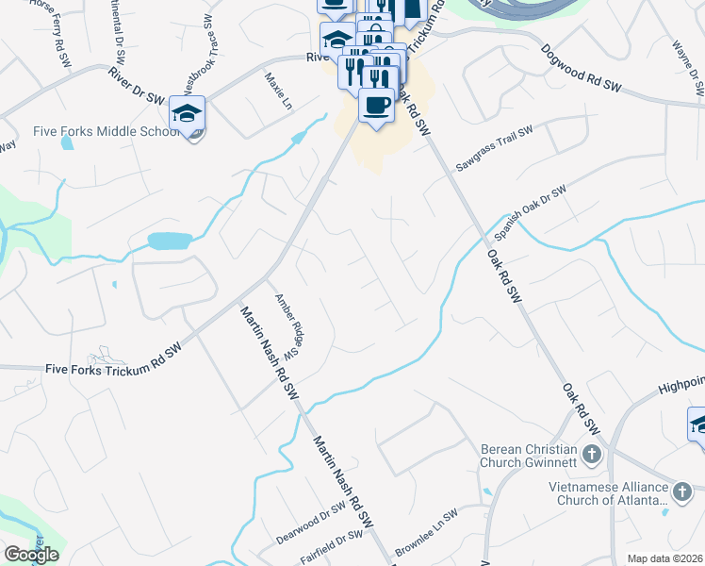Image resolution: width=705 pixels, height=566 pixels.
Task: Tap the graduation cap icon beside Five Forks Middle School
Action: (x=187, y=114)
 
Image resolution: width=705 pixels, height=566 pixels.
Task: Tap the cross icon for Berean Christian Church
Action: (x=591, y=456)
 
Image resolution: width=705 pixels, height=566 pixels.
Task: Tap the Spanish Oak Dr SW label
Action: (x=531, y=211)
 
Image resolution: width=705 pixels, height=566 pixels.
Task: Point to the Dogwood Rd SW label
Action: (x=582, y=69)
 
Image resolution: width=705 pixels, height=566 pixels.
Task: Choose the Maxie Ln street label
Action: (x=279, y=92)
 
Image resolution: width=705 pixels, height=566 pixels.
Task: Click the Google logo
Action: (x=31, y=555)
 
